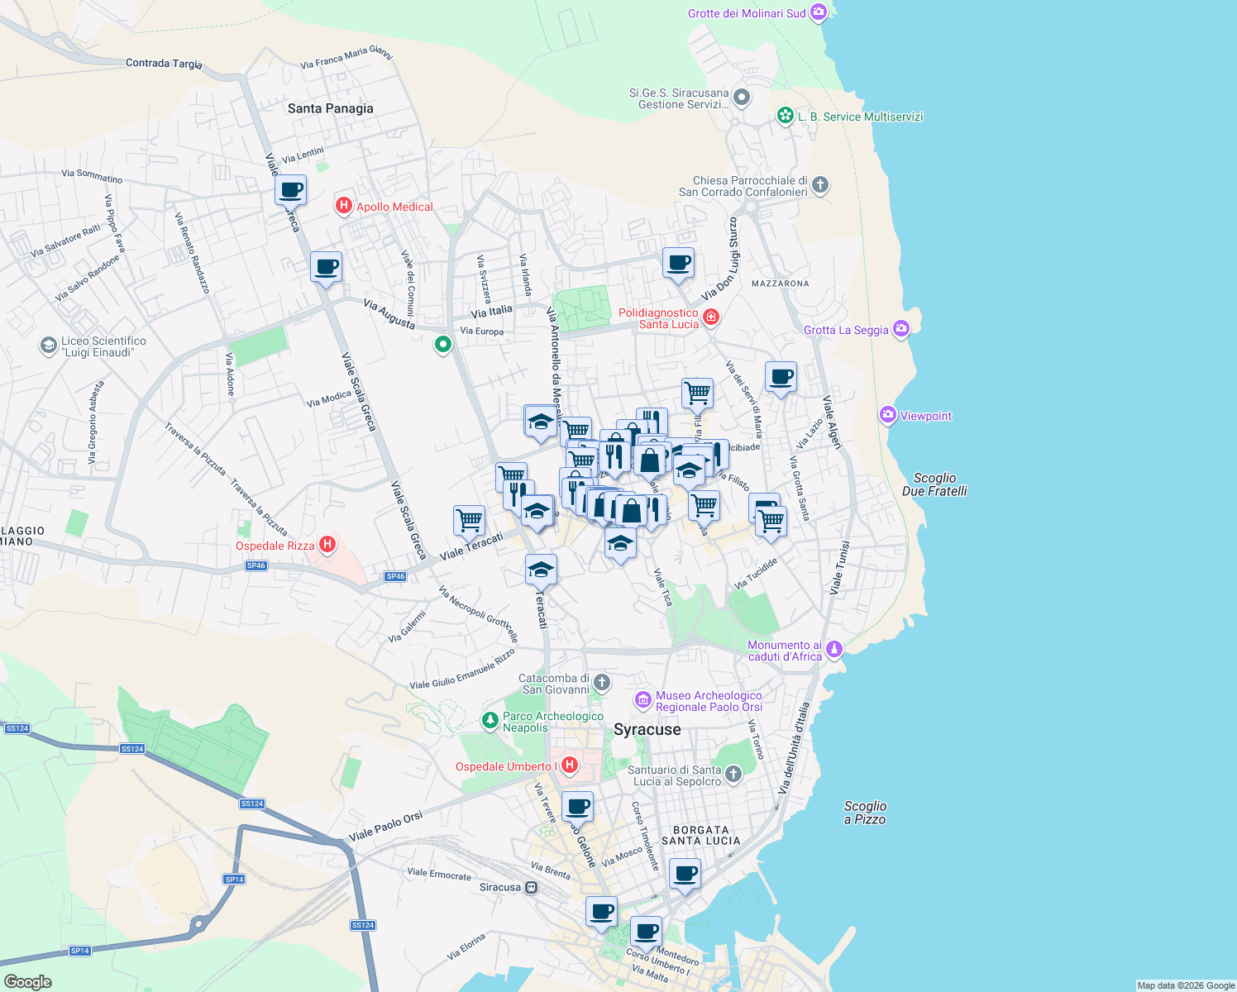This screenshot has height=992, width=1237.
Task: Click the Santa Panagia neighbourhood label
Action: tap(330, 108)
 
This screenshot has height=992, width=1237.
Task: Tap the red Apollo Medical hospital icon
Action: tap(344, 206)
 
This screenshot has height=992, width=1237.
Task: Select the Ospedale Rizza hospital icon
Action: tap(327, 544)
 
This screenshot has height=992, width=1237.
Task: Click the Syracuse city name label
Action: tap(647, 729)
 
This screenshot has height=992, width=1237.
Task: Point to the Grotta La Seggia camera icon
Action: tap(900, 329)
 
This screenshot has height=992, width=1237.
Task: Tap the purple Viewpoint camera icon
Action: tap(888, 415)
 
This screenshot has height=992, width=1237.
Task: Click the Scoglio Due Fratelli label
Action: tap(934, 484)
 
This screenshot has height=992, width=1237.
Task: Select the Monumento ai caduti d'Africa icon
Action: tap(834, 649)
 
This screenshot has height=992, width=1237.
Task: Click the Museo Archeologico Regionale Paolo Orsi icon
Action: tap(642, 700)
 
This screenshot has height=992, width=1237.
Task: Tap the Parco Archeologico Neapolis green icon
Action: tap(490, 721)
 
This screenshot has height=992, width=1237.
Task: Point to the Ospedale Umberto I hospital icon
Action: tap(569, 765)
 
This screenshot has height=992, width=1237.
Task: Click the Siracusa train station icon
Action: tap(531, 888)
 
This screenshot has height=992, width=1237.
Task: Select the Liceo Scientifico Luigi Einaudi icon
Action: tap(49, 346)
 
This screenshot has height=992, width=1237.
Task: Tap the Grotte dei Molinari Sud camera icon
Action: tap(818, 12)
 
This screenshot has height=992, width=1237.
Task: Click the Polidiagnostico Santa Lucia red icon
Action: tap(710, 317)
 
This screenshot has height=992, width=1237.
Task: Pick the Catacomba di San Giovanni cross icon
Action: tap(602, 683)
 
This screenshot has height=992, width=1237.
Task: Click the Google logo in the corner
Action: tap(27, 982)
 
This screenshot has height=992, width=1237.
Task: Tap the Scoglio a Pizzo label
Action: tap(865, 813)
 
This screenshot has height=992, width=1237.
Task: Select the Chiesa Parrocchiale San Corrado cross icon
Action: tap(819, 184)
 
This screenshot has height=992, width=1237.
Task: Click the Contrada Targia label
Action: tap(164, 63)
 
